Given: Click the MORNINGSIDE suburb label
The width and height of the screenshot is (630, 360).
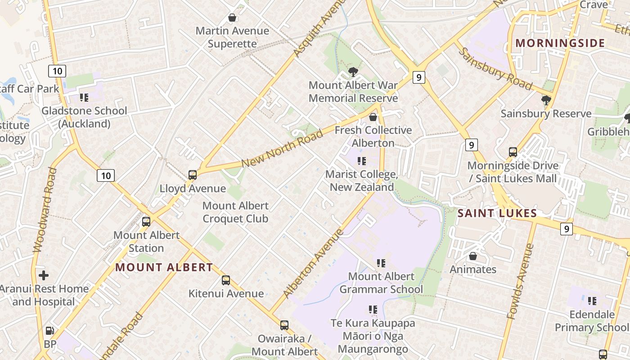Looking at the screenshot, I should [x=560, y=43].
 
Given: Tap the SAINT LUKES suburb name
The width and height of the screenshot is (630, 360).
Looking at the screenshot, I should [x=497, y=213].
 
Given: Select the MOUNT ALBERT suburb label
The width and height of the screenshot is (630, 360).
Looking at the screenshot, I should [x=164, y=267].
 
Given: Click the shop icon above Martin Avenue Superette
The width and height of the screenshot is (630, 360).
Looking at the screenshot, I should [x=232, y=18].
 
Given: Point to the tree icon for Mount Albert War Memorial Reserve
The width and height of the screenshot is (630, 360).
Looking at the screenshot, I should [x=353, y=72].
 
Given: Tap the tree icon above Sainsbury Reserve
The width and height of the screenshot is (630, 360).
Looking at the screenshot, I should [x=546, y=100].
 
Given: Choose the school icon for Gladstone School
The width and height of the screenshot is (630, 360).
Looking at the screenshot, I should [x=84, y=97].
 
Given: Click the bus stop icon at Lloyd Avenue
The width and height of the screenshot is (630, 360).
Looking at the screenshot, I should [x=193, y=175].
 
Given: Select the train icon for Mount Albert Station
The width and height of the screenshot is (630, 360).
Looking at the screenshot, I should [x=146, y=221].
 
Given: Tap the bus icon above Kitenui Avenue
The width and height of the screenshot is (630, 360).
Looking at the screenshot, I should [x=226, y=280].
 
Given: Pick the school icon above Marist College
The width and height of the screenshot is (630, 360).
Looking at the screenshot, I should [x=361, y=161].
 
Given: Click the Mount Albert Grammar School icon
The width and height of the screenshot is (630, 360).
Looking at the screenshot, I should [x=381, y=263].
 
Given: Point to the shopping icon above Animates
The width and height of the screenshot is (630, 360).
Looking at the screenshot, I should [x=473, y=256].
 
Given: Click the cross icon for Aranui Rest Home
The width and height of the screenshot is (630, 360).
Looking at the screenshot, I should [x=44, y=275].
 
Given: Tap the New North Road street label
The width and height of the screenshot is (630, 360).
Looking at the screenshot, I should [x=282, y=148].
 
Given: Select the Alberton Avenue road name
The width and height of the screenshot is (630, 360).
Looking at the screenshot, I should [x=314, y=263].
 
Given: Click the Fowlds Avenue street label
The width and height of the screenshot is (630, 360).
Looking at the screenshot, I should [x=520, y=281].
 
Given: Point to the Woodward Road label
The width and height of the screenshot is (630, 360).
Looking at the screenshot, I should [x=45, y=209].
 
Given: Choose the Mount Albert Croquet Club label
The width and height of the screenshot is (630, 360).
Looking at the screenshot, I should [x=235, y=212].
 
